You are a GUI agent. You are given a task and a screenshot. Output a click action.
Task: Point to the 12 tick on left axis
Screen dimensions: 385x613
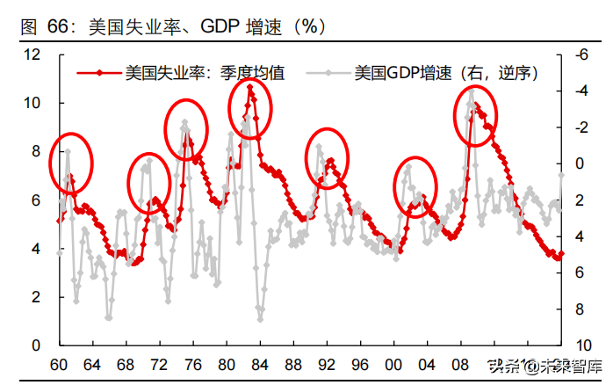pyautogui.click(x=32, y=54)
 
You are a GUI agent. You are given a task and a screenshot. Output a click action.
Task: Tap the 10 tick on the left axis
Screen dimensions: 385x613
pyautogui.click(x=32, y=104)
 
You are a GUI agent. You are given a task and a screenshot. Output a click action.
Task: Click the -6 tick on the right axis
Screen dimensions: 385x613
pyautogui.click(x=579, y=54)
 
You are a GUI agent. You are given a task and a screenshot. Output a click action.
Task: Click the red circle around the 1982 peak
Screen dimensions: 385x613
pyautogui.click(x=250, y=107)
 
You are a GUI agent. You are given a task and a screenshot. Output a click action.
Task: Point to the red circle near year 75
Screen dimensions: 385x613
pyautogui.click(x=186, y=129)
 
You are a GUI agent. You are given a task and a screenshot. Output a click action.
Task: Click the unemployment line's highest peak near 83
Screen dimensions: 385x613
pyautogui.click(x=250, y=87)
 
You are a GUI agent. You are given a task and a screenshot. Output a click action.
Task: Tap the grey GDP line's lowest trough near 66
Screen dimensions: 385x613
pyautogui.click(x=109, y=319)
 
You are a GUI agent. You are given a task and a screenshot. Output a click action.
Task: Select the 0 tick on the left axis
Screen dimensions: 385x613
pyautogui.click(x=36, y=346)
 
